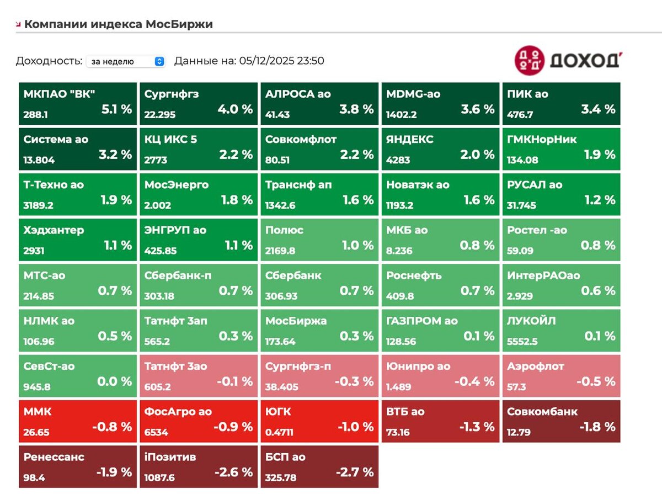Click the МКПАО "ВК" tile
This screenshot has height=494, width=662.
point(78,103)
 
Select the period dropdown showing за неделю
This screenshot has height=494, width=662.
point(126,61)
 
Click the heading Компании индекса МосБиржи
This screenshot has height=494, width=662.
point(118,24)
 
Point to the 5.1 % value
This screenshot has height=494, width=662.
point(117,109)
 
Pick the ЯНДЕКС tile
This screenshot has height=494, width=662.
point(440,149)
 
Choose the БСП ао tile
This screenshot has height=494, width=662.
point(319,467)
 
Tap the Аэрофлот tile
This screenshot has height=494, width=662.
point(561,376)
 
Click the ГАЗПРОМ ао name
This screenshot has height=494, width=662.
point(422,321)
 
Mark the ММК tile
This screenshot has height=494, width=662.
point(78,422)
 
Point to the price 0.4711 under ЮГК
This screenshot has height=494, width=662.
point(279,432)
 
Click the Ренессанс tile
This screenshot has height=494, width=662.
point(78,467)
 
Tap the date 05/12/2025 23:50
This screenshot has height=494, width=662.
point(281,61)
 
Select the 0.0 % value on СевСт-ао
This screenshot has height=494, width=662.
point(115,381)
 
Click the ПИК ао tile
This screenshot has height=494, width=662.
point(561,103)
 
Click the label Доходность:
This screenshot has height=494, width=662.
point(49,61)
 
